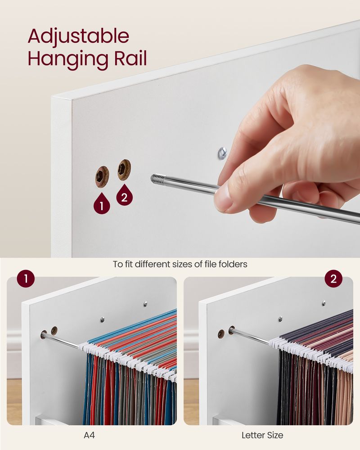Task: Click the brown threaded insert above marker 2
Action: [x=124, y=170]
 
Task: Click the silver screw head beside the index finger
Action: [x=222, y=153]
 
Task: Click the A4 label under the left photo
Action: [x=89, y=435]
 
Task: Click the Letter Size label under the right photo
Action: [x=262, y=435]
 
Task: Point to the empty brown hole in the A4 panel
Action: [x=54, y=330]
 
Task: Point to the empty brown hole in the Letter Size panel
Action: [x=221, y=333]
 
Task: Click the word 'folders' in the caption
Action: [x=233, y=264]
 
